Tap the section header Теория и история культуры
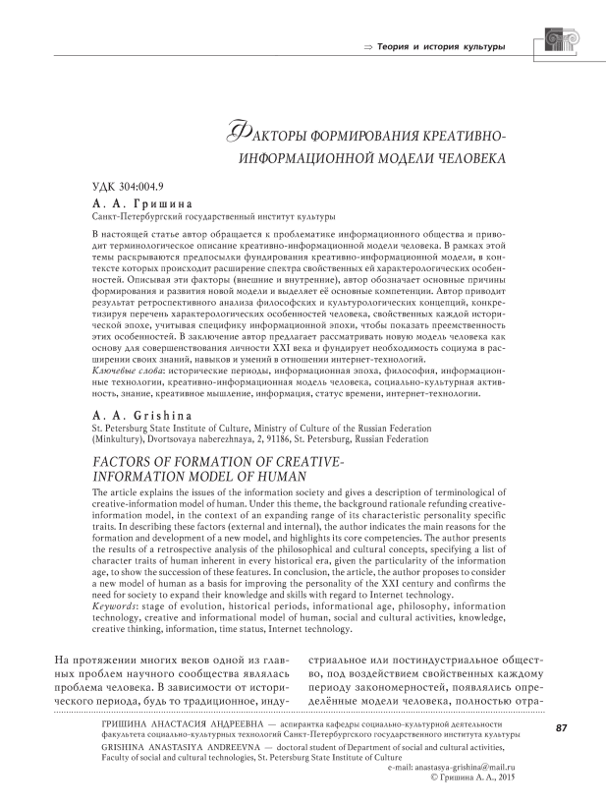443,47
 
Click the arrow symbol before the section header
370,47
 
